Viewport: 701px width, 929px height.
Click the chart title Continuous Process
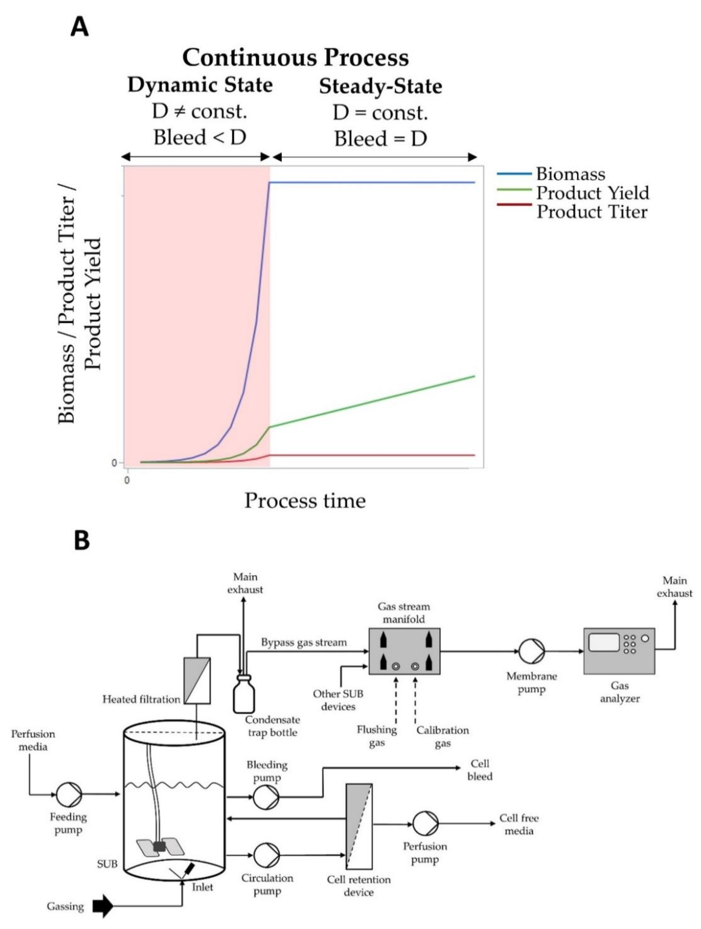click(x=296, y=57)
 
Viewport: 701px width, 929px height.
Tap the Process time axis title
click(x=305, y=500)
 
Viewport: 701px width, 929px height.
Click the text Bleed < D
click(x=199, y=137)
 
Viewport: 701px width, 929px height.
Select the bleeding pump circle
click(x=266, y=796)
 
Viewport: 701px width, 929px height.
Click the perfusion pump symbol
click(x=425, y=823)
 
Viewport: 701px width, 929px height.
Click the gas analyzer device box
click(x=619, y=651)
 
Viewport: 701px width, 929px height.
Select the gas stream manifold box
click(x=404, y=651)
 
